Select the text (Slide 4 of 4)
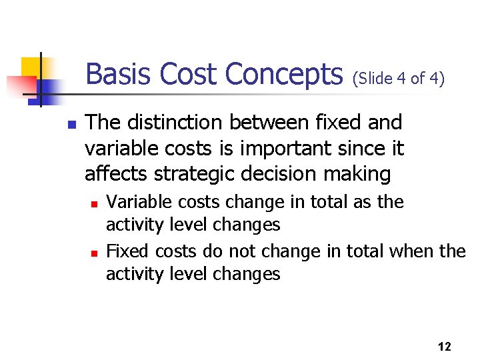[399, 78]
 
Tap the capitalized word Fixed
[128, 251]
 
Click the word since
[360, 149]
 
